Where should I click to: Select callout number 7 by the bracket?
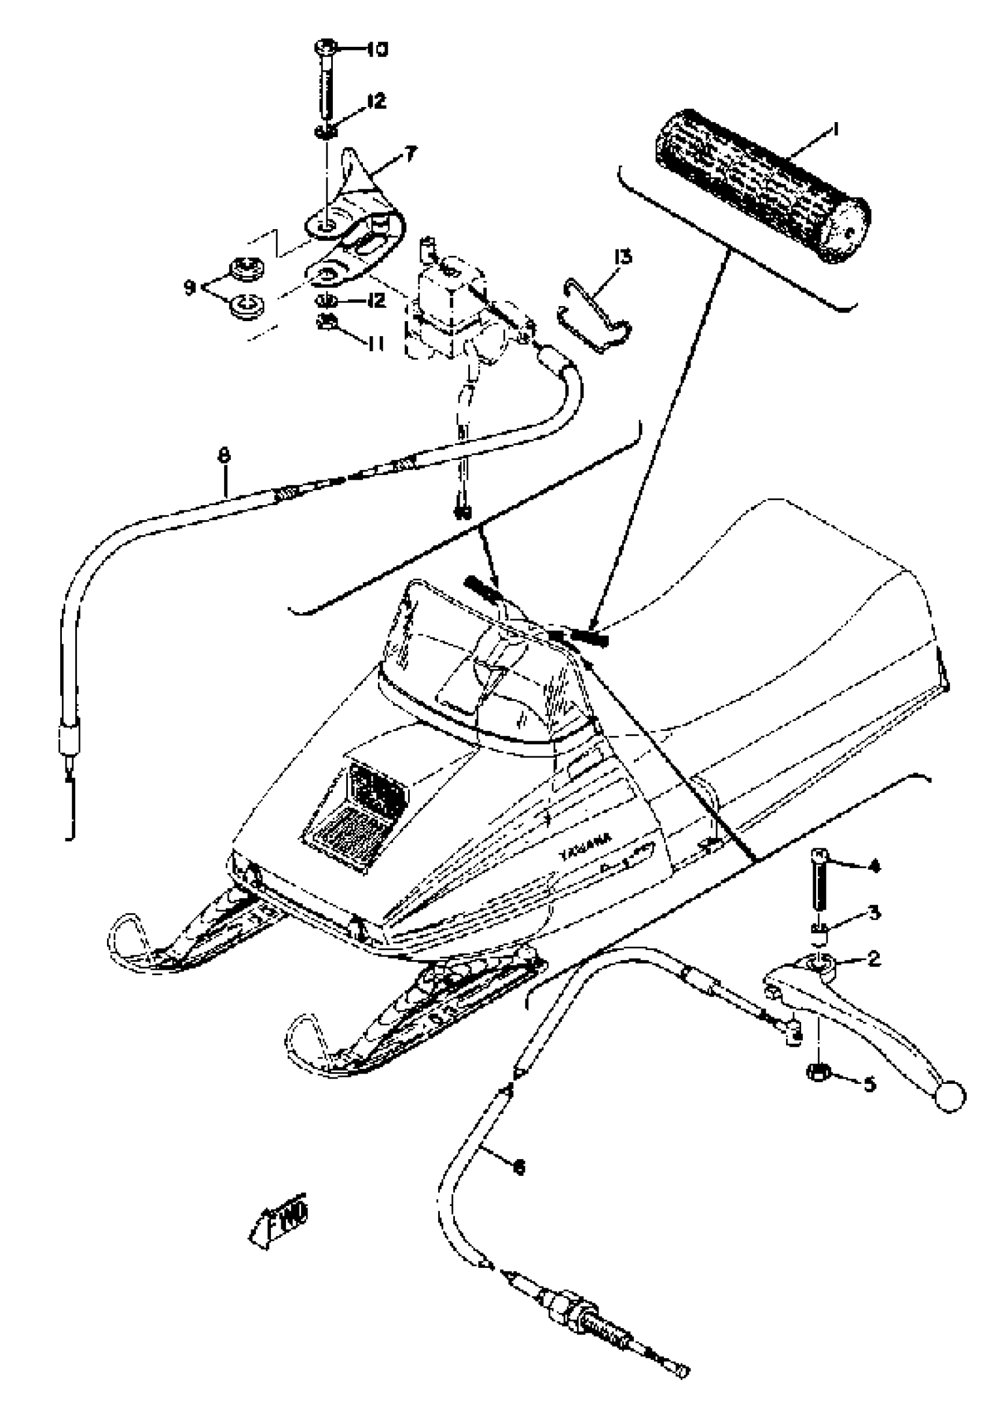(409, 154)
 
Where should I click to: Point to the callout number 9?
(190, 286)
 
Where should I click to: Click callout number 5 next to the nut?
(869, 1085)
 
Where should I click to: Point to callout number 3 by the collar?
(874, 914)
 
